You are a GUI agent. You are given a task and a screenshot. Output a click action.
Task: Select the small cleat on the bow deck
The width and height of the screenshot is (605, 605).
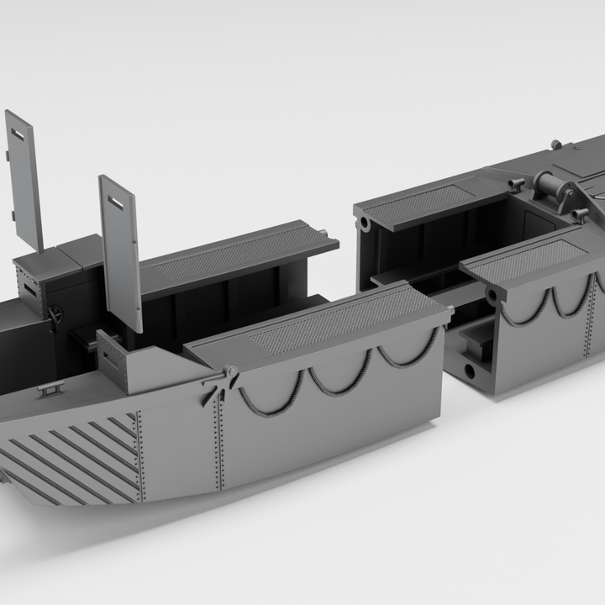[x=50, y=387]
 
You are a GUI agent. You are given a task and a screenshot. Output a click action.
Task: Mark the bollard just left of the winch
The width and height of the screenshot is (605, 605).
[x=516, y=182]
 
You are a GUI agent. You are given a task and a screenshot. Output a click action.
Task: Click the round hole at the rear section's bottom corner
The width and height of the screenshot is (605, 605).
[x=469, y=370]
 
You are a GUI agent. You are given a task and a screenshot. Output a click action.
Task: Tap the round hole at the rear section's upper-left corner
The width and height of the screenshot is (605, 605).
[x=365, y=224]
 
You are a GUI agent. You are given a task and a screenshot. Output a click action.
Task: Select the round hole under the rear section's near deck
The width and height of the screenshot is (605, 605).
[x=491, y=294]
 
